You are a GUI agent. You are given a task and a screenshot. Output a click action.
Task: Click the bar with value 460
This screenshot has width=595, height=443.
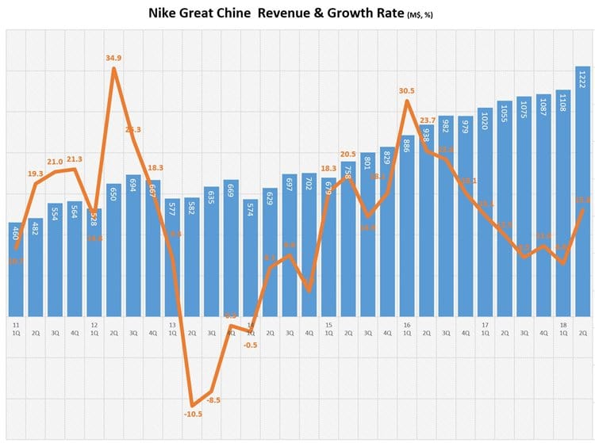(16, 269)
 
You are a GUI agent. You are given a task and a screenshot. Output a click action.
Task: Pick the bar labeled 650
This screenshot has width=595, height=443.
(113, 250)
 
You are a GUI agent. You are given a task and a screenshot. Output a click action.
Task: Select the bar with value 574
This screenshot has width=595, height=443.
(251, 258)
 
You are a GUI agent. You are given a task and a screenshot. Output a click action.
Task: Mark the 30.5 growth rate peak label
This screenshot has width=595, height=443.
(405, 90)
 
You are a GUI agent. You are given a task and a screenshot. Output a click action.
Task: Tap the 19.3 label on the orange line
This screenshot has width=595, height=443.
(35, 174)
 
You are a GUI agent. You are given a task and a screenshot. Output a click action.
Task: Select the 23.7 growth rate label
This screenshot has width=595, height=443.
(426, 121)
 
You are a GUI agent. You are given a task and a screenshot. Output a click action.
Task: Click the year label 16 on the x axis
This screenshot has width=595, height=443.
(406, 325)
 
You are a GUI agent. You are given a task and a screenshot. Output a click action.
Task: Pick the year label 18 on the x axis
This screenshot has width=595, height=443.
(562, 325)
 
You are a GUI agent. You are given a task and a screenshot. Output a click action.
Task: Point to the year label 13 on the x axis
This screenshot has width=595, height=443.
(172, 325)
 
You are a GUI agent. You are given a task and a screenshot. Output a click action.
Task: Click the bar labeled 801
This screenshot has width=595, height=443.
(367, 234)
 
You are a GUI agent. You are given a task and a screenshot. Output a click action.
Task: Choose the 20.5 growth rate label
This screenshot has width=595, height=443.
(348, 154)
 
